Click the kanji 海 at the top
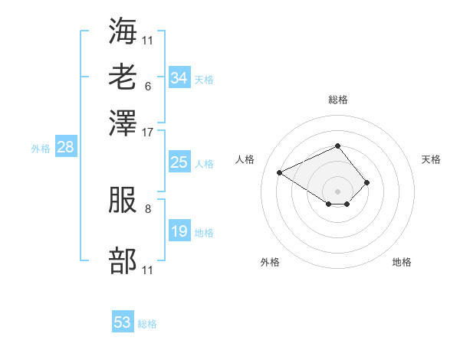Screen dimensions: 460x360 [123, 31]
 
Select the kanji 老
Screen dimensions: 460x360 [123, 77]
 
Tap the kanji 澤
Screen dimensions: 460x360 [123, 123]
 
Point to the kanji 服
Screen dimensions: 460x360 [123, 200]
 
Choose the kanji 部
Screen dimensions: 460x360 [123, 260]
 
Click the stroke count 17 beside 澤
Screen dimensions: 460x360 [147, 133]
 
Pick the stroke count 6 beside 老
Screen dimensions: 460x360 [148, 87]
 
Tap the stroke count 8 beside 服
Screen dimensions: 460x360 [148, 209]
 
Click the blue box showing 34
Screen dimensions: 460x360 [179, 77]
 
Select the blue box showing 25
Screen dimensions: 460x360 [179, 162]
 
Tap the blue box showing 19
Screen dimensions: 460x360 [179, 230]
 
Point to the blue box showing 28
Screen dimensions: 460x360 [66, 146]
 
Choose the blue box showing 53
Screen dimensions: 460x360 [123, 321]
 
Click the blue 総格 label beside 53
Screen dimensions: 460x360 [147, 324]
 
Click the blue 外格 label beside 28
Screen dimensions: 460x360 [41, 149]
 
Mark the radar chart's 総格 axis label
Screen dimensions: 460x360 [338, 100]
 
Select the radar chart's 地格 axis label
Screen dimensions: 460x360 [402, 262]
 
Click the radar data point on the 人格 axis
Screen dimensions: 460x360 [280, 172]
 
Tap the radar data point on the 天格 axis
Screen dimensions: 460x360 [366, 182]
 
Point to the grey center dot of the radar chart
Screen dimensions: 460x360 [337, 191]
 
